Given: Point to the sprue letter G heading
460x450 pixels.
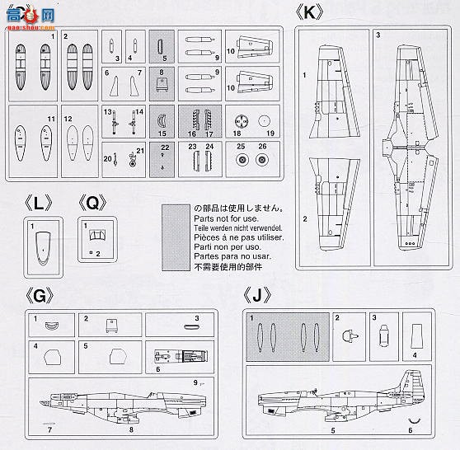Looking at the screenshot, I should point(39,295).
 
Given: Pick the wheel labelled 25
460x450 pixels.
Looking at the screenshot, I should point(242,160).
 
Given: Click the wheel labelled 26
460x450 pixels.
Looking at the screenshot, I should point(262,160).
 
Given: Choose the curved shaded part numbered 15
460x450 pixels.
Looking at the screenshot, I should point(162,120).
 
